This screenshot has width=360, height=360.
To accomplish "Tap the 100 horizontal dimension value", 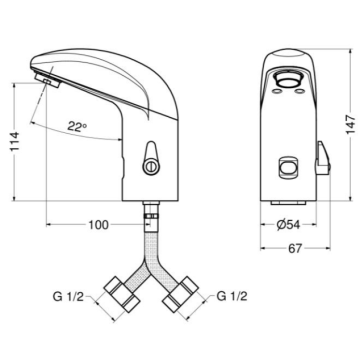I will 98,225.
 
